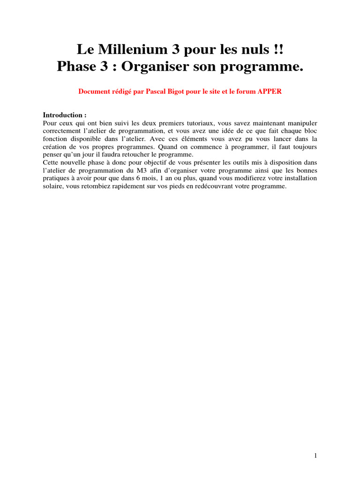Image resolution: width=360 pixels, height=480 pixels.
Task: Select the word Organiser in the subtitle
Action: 163,67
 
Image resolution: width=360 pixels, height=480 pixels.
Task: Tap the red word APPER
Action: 270,91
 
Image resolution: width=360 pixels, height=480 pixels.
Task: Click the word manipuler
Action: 299,122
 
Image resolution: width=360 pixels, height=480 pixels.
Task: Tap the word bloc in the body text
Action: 310,131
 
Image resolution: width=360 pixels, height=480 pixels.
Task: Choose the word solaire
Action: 53,186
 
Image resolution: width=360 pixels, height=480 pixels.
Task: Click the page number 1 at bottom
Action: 316,455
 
